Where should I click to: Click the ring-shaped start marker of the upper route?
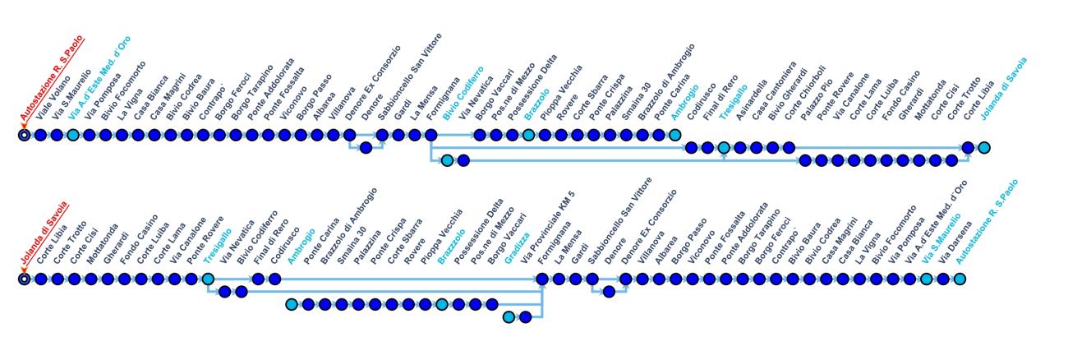25,134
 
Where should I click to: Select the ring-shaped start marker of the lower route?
25,280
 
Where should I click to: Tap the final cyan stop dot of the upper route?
984,148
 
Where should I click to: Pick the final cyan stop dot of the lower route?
960,280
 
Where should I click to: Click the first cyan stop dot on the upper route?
73,134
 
